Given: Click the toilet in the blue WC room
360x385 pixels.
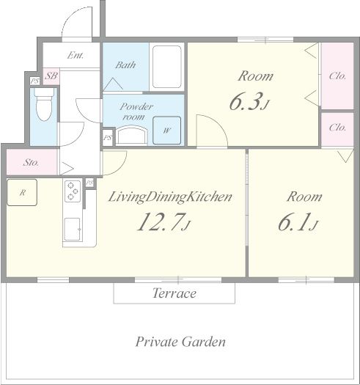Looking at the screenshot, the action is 44,105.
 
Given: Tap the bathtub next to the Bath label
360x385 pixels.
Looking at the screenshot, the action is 167,67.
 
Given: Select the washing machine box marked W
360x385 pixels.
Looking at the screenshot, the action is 166,131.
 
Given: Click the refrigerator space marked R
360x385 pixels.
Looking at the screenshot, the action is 22,192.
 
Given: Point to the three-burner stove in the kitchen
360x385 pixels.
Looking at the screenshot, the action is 73,191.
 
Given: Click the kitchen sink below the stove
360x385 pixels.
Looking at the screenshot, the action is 73,229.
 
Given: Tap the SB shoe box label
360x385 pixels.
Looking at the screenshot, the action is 51,76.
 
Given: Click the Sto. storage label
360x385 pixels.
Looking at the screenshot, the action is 31,162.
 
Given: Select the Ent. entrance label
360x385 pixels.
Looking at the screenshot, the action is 76,55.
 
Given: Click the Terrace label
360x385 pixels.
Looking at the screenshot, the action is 175,293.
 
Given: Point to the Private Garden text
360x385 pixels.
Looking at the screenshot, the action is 180,342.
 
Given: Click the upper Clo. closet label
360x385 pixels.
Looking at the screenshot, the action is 337,76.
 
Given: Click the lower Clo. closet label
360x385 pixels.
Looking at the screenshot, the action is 337,128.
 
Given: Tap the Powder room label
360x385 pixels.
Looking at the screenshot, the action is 136,111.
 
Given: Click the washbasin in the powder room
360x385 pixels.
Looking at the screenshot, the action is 131,136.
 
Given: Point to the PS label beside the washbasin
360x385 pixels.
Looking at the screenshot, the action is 108,138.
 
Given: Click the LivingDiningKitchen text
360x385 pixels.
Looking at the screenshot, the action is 170,197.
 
